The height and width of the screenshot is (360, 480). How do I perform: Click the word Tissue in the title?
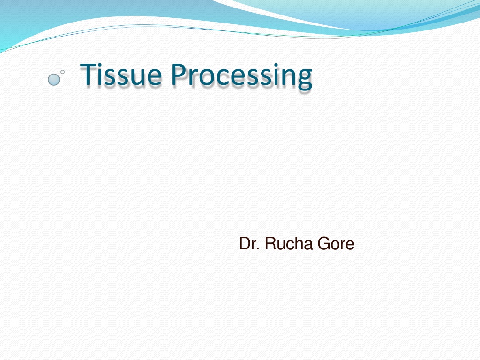[x=120, y=74]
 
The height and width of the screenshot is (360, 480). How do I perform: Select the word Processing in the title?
[x=241, y=76]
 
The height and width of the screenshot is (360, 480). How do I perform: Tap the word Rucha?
[x=289, y=244]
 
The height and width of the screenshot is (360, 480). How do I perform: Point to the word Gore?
[x=336, y=244]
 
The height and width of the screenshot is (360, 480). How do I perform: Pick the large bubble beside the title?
[x=54, y=80]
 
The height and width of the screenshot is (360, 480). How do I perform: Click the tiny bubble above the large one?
[x=62, y=72]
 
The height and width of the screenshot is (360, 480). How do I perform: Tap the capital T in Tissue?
[x=89, y=74]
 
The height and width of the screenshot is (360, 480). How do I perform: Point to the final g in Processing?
[x=305, y=79]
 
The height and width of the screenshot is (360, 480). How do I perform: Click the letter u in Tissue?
[x=136, y=77]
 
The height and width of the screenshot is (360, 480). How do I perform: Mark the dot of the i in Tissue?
[x=101, y=65]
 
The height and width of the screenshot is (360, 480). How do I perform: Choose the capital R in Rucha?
[x=270, y=243]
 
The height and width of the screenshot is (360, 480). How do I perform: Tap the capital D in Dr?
[x=245, y=243]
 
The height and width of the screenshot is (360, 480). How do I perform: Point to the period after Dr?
[x=259, y=249]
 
